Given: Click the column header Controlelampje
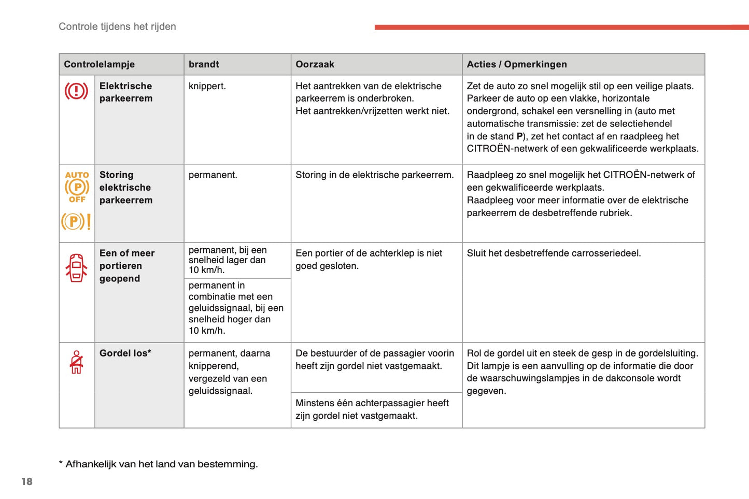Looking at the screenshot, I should pos(99,64).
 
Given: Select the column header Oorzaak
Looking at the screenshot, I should pos(315,64).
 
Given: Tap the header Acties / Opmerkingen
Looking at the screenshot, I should pos(516,64).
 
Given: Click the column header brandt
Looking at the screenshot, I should pos(204,64).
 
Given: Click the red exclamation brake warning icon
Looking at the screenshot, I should pos(76,91).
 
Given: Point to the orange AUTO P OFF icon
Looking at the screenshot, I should pos(77,187).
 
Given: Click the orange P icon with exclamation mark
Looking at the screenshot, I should pos(76,222).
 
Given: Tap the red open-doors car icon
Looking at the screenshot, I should pos(76,268).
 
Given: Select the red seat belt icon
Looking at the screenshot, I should pos(77,362).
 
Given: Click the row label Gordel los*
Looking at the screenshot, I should pos(125,353).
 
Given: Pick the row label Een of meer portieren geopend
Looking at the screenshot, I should pos(126,266).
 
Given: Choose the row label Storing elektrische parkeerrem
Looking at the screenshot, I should pos(125,188).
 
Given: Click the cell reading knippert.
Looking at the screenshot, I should pos(207,86).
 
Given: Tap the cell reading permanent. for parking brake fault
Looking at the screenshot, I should pos(213,175).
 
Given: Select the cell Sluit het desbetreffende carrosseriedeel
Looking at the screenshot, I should pos(554,253).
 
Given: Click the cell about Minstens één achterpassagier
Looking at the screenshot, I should pos(372,409).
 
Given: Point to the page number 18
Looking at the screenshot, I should pos(27,481).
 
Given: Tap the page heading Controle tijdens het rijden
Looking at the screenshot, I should pos(117,26).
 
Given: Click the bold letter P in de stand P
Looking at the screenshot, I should pos(519,136).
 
